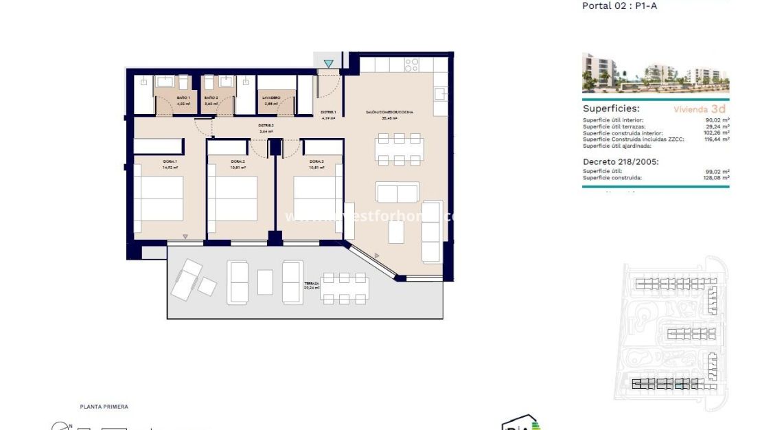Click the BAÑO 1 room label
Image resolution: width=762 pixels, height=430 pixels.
click(x=183, y=98)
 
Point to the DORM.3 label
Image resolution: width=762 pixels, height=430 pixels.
click(x=316, y=161)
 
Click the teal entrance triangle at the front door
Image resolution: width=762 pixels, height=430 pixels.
click(x=329, y=64)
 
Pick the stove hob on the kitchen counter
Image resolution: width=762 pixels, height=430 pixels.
click(x=412, y=65)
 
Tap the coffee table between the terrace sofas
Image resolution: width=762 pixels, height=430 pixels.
click(x=265, y=282)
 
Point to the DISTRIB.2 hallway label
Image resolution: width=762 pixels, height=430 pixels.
click(x=266, y=126)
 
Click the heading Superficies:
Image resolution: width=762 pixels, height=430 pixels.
click(x=611, y=109)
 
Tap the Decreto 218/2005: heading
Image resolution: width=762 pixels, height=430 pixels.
click(x=621, y=162)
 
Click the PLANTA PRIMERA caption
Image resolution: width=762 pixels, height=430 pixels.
click(x=104, y=407)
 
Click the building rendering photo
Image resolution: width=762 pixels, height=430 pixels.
click(x=655, y=73)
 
